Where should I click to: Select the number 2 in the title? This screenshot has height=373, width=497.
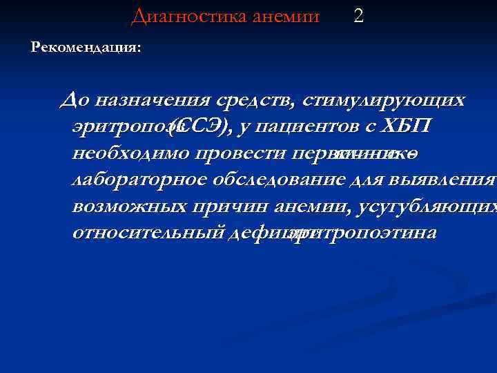point(358,15)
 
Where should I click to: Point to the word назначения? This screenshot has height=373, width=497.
point(148,101)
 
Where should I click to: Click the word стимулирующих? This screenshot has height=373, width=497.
point(384,101)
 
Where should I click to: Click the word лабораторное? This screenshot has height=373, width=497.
point(137,180)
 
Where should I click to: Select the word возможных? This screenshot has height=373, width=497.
point(127,206)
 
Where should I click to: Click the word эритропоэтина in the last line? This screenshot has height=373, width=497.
point(366,233)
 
